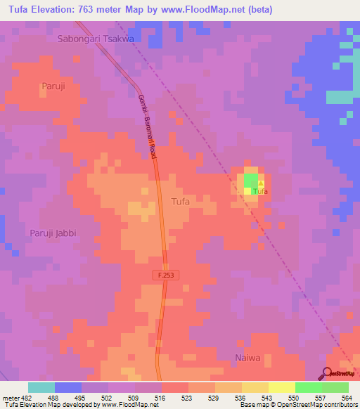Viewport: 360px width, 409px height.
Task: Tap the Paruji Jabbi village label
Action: (52, 233)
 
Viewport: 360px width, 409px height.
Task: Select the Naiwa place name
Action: (247, 358)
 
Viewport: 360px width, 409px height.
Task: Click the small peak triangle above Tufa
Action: (260, 183)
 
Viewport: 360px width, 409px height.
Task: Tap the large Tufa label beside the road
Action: (181, 202)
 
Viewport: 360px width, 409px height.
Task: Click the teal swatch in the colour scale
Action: (41, 387)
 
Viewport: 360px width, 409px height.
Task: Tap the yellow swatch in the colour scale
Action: (281, 387)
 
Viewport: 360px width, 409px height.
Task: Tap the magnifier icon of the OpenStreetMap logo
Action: (328, 372)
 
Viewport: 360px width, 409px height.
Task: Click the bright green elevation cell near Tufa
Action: (250, 181)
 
